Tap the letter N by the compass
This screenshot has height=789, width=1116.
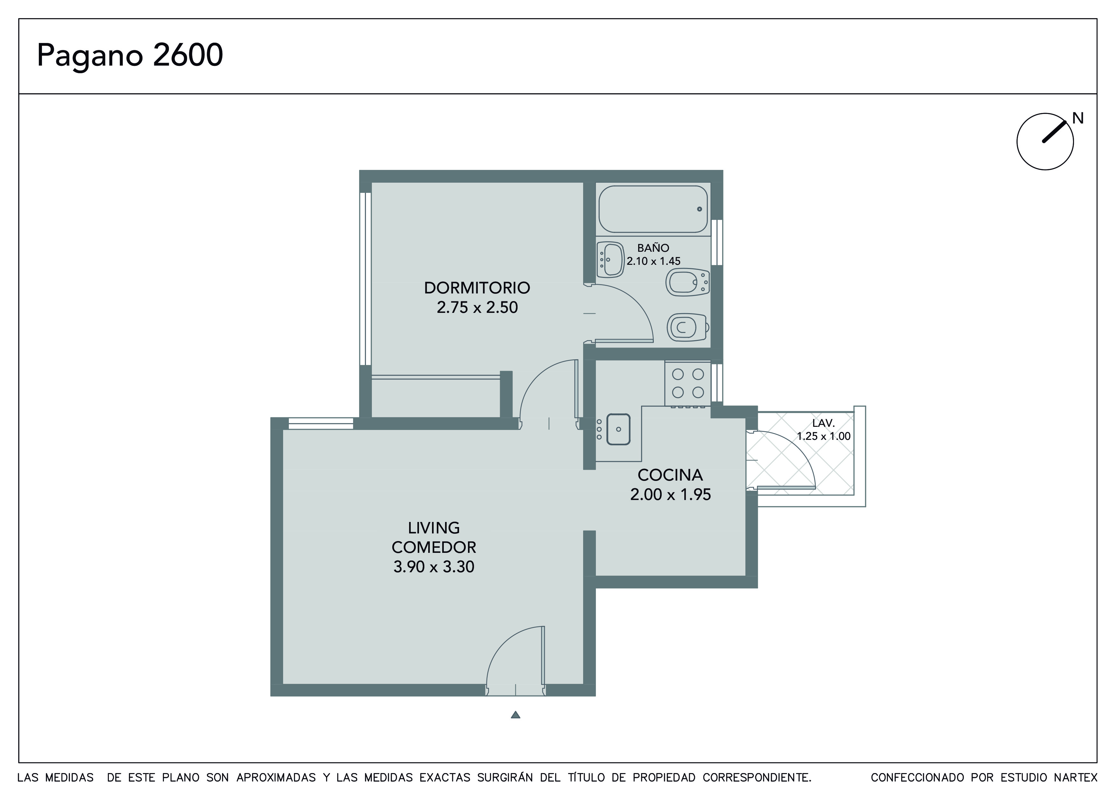click(1078, 118)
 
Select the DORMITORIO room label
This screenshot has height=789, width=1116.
click(477, 288)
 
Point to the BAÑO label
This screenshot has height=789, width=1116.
click(653, 248)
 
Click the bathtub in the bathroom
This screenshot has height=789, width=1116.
click(653, 209)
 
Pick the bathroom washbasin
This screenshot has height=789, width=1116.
click(610, 260)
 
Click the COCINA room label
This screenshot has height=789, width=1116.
click(670, 475)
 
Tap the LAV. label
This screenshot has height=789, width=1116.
click(823, 423)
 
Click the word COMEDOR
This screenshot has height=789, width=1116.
click(434, 547)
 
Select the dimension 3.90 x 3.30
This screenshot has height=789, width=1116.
click(434, 567)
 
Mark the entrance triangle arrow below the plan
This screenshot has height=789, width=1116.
click(516, 715)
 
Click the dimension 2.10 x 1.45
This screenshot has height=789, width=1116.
click(653, 261)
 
